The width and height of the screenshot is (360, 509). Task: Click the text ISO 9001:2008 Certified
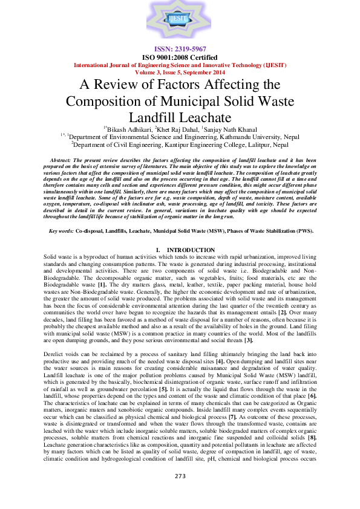[180, 57]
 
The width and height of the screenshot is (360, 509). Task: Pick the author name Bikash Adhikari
[129, 129]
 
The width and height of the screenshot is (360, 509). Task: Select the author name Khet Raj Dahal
[178, 129]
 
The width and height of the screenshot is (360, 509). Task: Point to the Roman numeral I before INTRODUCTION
[157, 250]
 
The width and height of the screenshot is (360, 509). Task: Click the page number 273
[180, 493]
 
